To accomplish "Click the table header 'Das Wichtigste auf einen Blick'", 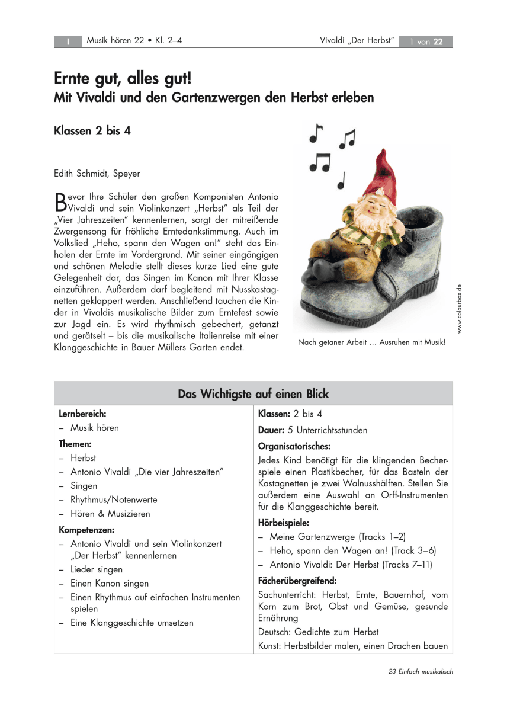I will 253,394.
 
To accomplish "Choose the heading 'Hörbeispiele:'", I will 284,523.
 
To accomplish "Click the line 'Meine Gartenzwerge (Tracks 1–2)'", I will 338,537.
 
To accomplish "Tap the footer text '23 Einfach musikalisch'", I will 421,672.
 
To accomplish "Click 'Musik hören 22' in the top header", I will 115,41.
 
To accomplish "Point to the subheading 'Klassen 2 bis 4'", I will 92,131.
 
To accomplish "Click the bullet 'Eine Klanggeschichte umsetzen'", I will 131,623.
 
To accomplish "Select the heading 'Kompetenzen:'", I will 86,529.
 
